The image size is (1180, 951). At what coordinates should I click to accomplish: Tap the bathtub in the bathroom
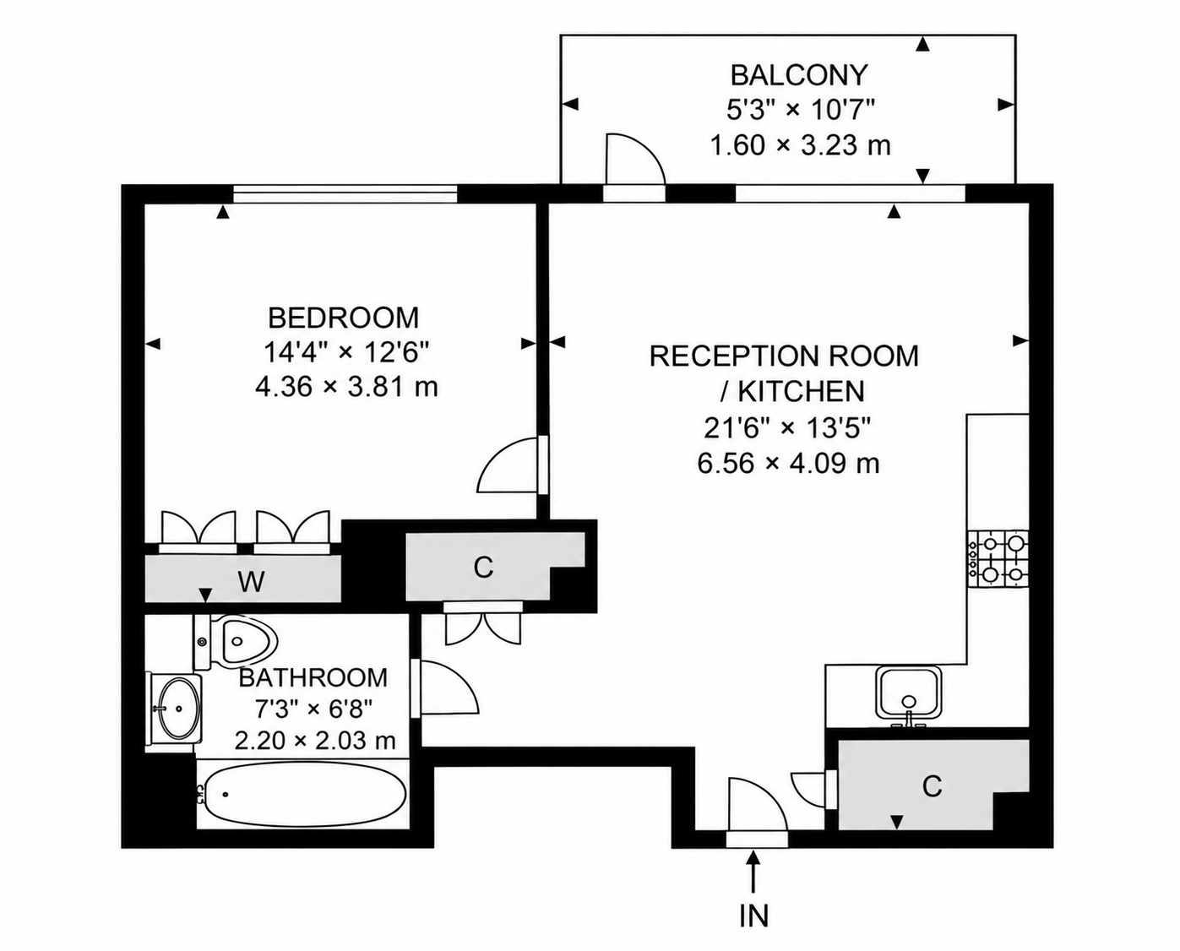pyautogui.click(x=301, y=795)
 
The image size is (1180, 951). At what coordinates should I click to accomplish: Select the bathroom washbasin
pyautogui.click(x=175, y=708)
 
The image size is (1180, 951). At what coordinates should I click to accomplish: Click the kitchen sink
pyautogui.click(x=911, y=694)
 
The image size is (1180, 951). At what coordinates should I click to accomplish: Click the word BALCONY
pyautogui.click(x=799, y=75)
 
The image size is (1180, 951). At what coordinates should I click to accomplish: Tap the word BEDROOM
pyautogui.click(x=344, y=318)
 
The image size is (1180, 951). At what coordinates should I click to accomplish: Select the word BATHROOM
pyautogui.click(x=313, y=678)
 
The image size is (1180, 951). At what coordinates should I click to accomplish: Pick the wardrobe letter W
pyautogui.click(x=252, y=581)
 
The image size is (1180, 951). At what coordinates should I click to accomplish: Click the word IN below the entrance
pyautogui.click(x=754, y=915)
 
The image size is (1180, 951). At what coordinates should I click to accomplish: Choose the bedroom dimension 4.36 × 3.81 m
pyautogui.click(x=346, y=387)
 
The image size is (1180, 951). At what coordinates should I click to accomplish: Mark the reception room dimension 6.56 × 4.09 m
pyautogui.click(x=788, y=464)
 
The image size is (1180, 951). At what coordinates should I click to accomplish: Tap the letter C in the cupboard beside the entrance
pyautogui.click(x=933, y=786)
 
